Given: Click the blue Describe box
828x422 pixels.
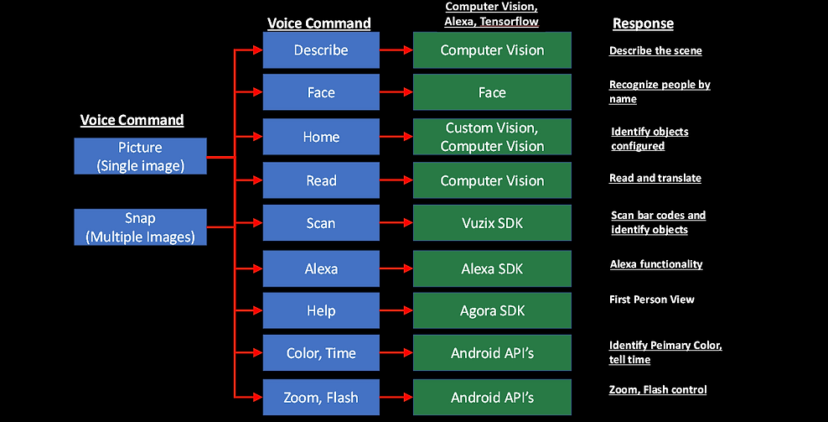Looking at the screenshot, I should pos(321,50).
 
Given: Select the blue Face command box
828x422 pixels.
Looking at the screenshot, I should pos(321,93).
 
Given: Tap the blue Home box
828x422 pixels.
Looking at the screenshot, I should pos(321,137).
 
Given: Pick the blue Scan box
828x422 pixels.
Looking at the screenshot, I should pos(321,223).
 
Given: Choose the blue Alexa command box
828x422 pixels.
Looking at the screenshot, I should pos(321,268).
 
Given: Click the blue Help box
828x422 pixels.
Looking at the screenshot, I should pos(321,310).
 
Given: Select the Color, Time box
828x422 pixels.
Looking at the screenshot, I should pos(321,353).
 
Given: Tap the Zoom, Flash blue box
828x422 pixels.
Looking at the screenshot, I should pos(321,397).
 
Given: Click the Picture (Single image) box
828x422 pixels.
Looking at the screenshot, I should pos(140,157).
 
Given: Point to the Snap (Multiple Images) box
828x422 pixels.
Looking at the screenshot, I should pos(140,227).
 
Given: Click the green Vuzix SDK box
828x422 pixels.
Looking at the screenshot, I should pos(492,223).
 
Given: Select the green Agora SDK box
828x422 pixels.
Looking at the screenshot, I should pos(492,310).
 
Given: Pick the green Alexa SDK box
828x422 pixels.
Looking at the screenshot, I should pos(492,268).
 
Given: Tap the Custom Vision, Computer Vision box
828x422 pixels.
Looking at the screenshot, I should pos(492,137).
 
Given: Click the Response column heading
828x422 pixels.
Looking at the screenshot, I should pos(643,23).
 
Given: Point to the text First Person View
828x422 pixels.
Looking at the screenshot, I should pos(652,300).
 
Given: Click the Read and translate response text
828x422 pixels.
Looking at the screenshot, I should pos(655,178).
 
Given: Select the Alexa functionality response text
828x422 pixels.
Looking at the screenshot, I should pos(656,264).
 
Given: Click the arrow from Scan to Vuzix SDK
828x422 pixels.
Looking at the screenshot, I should pos(397,223).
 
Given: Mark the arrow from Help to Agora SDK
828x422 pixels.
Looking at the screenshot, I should pos(397,310).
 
